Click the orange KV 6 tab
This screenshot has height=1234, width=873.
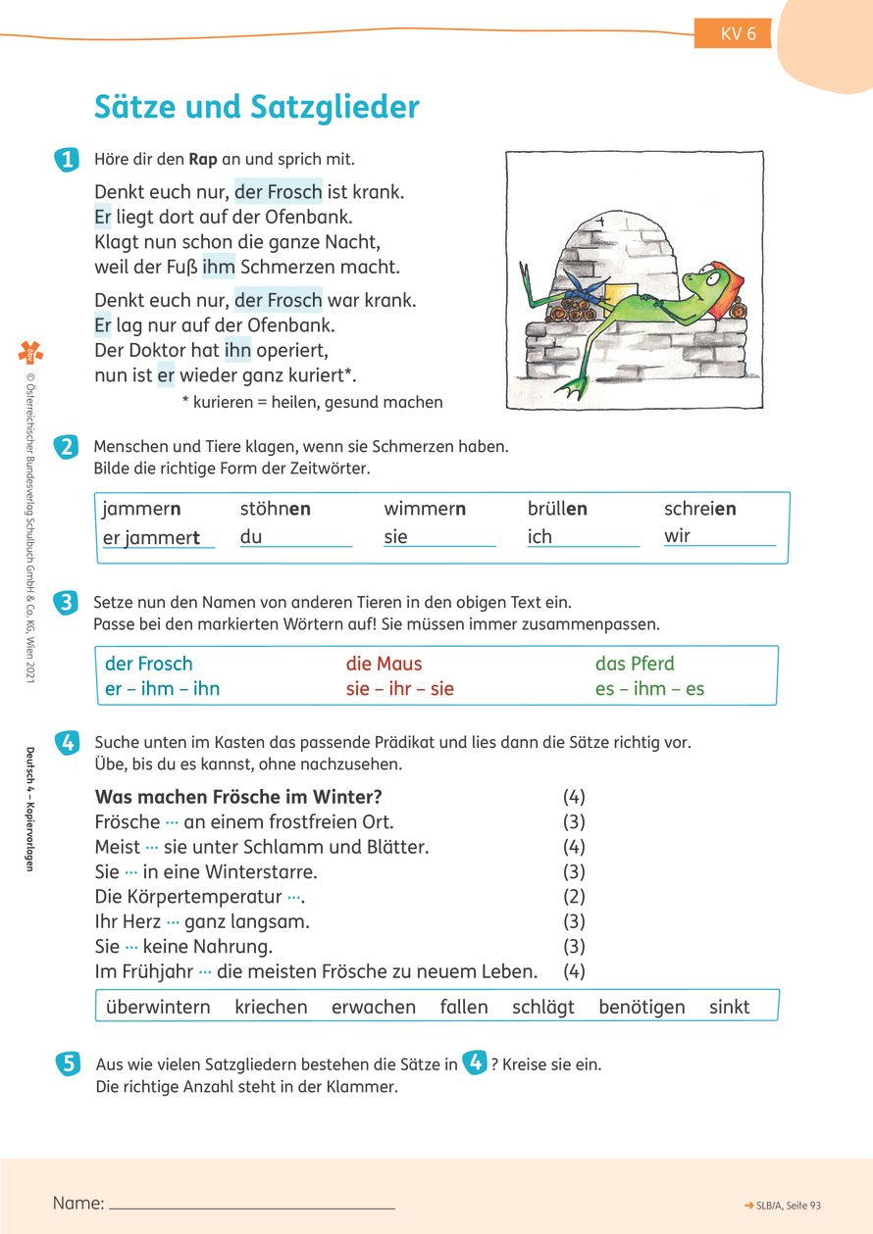tap(733, 34)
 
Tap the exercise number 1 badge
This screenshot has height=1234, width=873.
tap(67, 161)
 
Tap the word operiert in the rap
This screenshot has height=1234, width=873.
tap(298, 350)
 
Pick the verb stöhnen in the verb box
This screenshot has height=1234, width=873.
tap(276, 509)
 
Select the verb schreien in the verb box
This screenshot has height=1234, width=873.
tap(700, 509)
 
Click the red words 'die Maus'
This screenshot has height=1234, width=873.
tap(384, 664)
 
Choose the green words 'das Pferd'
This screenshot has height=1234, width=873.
tap(635, 664)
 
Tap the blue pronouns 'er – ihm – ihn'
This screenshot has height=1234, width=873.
tap(162, 688)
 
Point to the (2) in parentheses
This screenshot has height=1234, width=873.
tap(574, 896)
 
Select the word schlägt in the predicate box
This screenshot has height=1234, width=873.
tap(543, 1007)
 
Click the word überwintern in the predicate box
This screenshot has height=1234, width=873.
tap(158, 1007)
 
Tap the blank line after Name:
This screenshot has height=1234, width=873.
tap(251, 1205)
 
